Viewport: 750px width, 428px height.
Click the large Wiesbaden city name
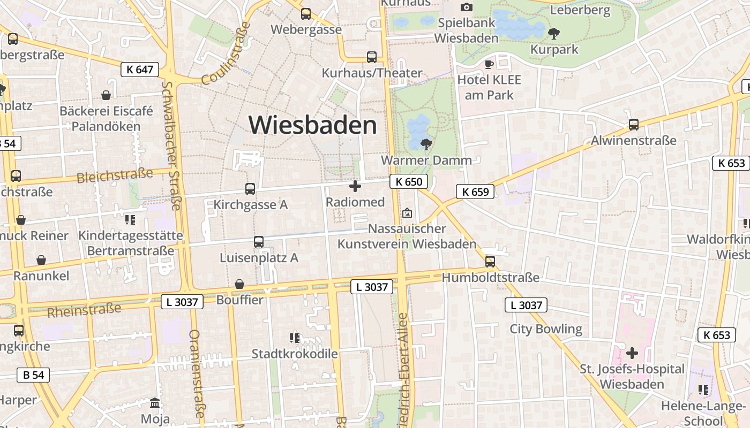click(x=313, y=125)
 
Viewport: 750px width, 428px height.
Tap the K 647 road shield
click(x=140, y=69)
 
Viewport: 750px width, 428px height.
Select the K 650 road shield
click(x=409, y=182)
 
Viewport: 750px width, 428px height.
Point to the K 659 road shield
click(x=475, y=192)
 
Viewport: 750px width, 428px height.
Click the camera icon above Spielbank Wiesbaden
click(x=467, y=7)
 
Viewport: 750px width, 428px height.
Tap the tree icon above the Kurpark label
click(x=554, y=34)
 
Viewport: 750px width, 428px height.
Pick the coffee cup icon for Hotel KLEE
click(x=489, y=64)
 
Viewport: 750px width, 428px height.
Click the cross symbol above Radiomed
click(x=355, y=186)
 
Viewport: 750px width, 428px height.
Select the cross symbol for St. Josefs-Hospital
click(x=632, y=353)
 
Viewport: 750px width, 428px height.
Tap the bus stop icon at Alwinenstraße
click(x=633, y=125)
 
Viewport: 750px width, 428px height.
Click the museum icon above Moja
click(x=155, y=403)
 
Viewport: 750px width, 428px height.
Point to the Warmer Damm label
click(x=426, y=160)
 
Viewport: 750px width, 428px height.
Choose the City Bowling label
click(x=545, y=328)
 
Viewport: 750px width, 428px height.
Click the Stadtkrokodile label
click(x=295, y=354)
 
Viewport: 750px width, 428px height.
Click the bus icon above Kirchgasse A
click(x=250, y=188)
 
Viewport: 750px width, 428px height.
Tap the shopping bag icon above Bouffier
click(x=239, y=284)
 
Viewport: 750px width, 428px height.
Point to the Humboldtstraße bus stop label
click(x=490, y=278)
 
